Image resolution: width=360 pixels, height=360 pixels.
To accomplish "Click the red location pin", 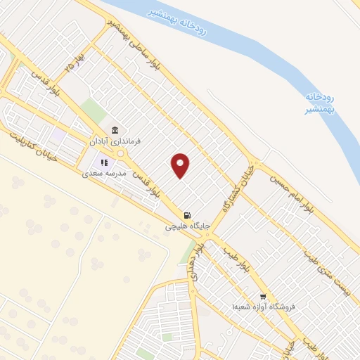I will pyautogui.click(x=181, y=165).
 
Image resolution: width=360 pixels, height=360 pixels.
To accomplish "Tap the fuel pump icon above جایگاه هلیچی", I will pyautogui.click(x=186, y=215).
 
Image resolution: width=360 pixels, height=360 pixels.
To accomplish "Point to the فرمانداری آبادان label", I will pyautogui.click(x=114, y=141).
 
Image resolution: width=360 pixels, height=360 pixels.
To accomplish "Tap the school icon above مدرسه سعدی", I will pyautogui.click(x=103, y=163).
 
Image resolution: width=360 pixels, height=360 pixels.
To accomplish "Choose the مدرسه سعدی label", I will pyautogui.click(x=103, y=173).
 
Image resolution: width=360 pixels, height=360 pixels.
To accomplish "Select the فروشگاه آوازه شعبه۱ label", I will pyautogui.click(x=264, y=307).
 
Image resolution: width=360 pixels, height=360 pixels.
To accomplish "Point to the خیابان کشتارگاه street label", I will pyautogui.click(x=237, y=189).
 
